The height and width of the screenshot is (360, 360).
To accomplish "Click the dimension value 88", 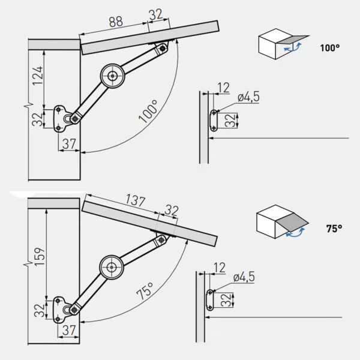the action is pyautogui.click(x=116, y=22).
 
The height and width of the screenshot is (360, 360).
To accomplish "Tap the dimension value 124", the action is pyautogui.click(x=37, y=76).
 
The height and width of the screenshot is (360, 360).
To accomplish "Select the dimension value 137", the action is pyautogui.click(x=136, y=200).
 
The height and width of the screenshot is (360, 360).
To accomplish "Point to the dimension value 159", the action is pyautogui.click(x=39, y=256).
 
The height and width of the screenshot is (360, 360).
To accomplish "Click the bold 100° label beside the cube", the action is pyautogui.click(x=329, y=48).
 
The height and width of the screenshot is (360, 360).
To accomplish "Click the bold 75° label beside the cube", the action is pyautogui.click(x=334, y=229).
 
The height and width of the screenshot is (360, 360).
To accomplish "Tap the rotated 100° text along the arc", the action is pyautogui.click(x=149, y=111).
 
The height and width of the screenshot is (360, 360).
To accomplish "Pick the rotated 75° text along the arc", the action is pyautogui.click(x=145, y=291).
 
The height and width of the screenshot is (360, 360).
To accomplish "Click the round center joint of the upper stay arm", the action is pyautogui.click(x=113, y=76).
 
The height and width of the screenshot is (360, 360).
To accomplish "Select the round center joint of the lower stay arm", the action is pyautogui.click(x=112, y=267).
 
